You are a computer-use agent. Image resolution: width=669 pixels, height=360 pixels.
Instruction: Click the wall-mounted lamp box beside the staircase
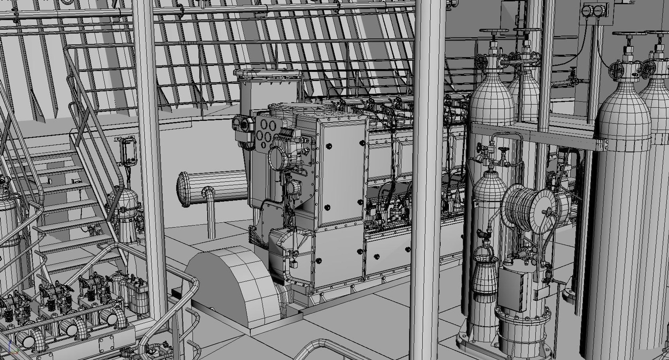click(128, 151)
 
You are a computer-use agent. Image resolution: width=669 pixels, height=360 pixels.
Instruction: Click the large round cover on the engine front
click(279, 159)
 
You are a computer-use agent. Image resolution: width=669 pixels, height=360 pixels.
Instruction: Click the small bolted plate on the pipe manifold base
click(106, 344)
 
